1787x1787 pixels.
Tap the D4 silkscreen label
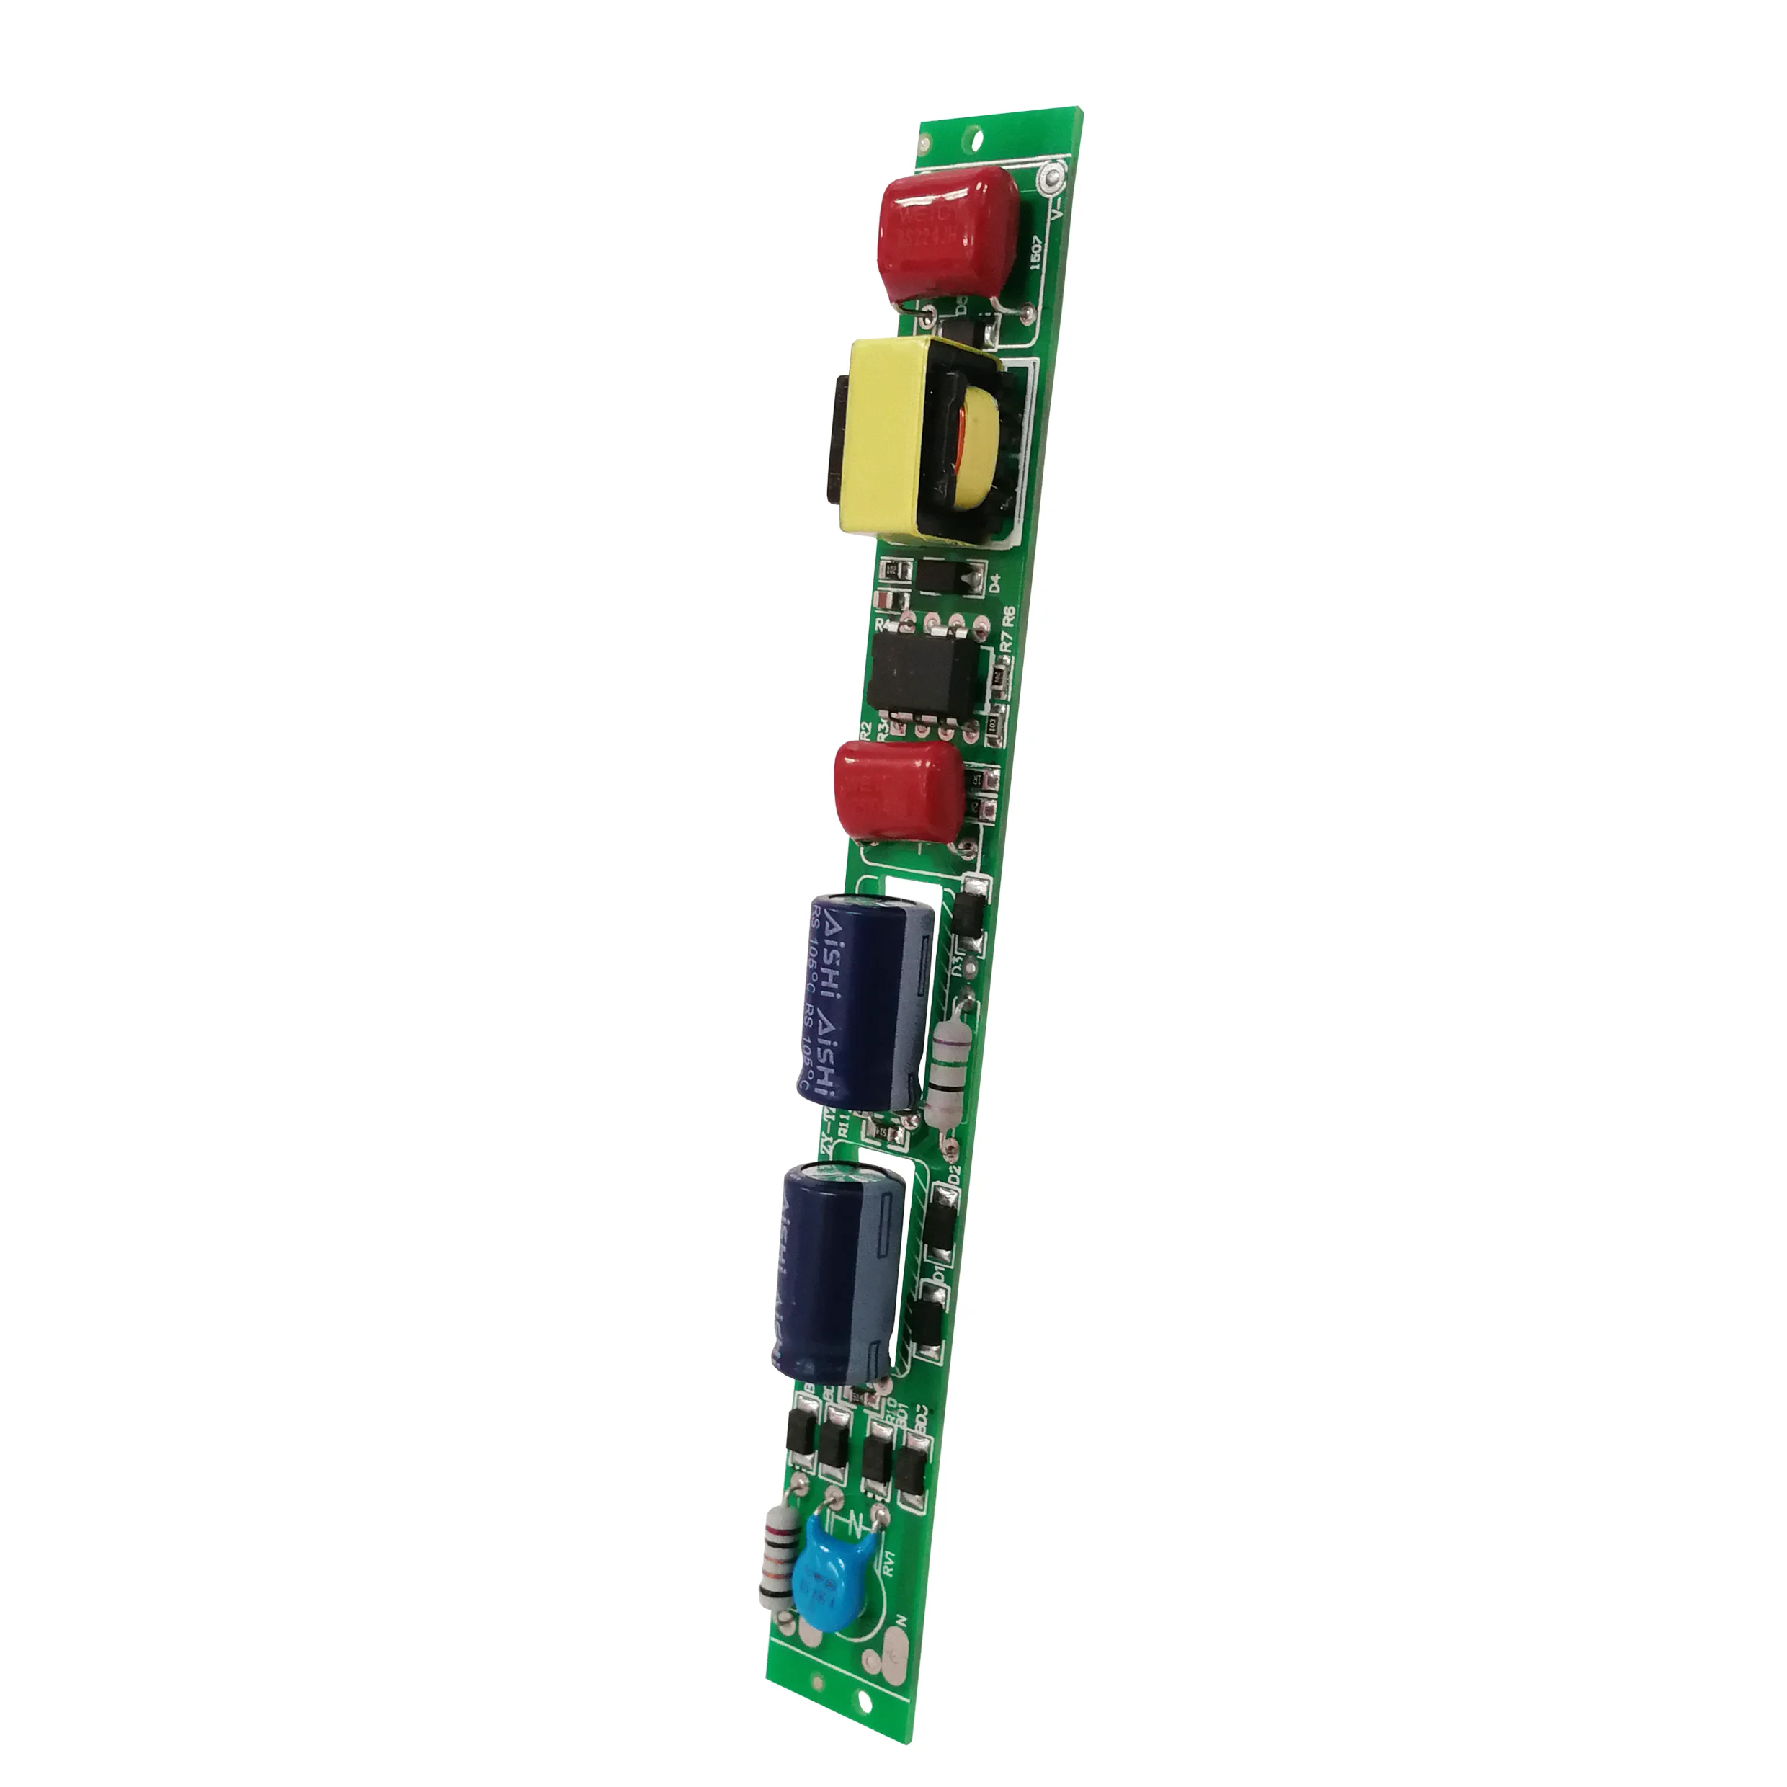(x=995, y=584)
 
